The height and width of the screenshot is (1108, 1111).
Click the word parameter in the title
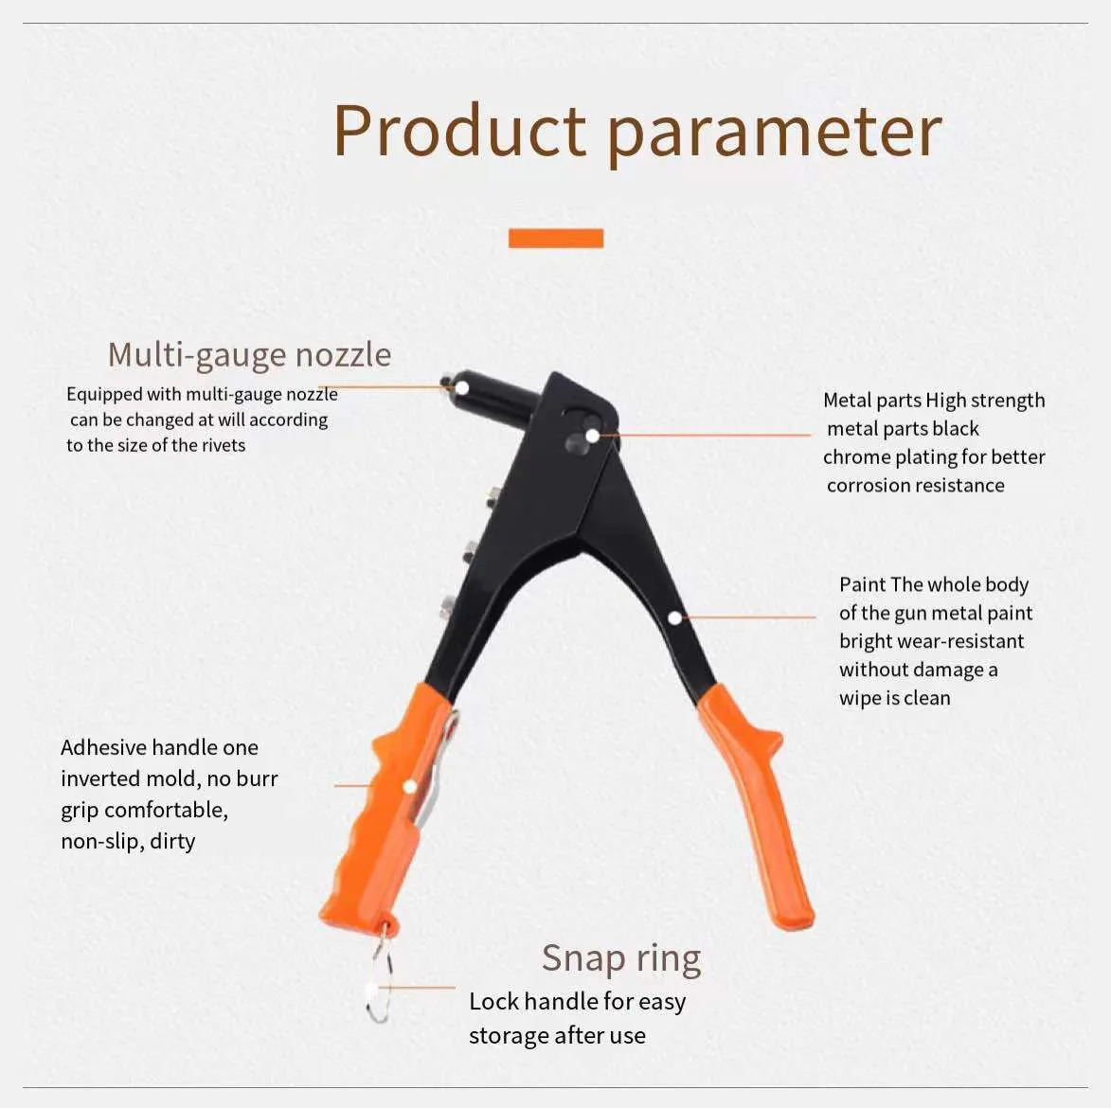774,132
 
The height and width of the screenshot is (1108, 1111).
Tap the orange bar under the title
556,238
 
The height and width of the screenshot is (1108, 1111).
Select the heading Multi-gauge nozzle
249,354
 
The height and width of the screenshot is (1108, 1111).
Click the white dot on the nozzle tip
462,387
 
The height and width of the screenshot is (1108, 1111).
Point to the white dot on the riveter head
592,436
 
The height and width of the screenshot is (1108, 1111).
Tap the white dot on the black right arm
674,617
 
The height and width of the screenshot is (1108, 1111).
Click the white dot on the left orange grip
410,786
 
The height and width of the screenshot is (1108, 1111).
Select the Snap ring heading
621,958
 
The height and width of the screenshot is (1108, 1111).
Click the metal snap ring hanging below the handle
379,985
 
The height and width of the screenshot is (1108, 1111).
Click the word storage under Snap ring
509,1036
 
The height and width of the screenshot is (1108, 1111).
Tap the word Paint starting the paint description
861,584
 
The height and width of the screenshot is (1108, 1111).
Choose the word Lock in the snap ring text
493,1002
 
